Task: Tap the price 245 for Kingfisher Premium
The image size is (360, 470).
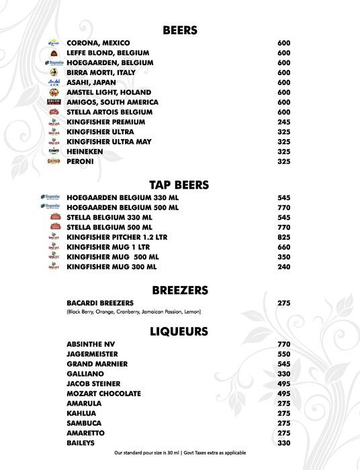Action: [283, 122]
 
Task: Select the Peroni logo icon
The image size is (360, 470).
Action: [54, 162]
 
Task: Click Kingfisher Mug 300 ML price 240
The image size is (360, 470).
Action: [283, 267]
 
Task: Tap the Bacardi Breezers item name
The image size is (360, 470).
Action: [100, 303]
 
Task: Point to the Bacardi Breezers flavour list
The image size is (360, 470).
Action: [134, 312]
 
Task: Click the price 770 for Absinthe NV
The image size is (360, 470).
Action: [283, 344]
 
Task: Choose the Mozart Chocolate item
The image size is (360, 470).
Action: [103, 393]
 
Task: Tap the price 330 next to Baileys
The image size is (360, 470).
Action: [283, 443]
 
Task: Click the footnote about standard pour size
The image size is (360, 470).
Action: [180, 453]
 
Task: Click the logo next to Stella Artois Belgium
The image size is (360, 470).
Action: [54, 112]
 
